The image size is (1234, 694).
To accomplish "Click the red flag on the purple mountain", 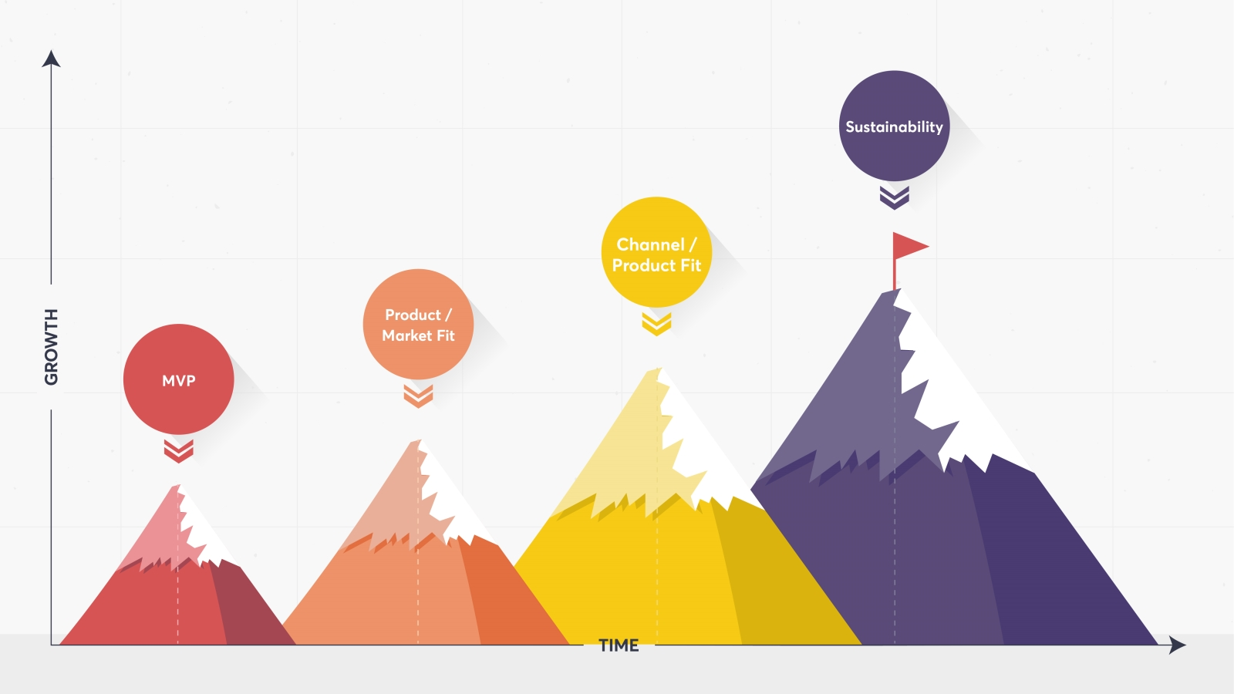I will tap(908, 247).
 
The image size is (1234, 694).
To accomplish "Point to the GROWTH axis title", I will tap(51, 346).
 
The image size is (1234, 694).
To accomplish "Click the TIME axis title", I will tap(619, 645).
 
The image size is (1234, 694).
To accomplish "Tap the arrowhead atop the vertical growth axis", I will tap(51, 59).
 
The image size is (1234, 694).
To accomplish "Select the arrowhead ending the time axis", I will tap(1177, 645).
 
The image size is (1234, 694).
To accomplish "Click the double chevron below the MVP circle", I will tap(178, 450).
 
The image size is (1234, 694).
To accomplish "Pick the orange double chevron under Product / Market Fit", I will tap(418, 396).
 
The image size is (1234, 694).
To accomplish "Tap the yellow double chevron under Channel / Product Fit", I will tap(656, 324).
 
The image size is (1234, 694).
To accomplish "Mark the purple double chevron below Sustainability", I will tap(894, 197).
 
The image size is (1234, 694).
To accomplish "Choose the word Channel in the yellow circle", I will tap(649, 244).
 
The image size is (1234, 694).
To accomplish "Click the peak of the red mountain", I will tap(177, 487).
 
